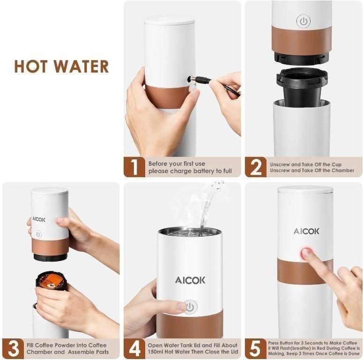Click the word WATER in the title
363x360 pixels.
click(x=80, y=67)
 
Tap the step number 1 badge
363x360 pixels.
click(x=134, y=167)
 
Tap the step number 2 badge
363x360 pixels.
click(x=256, y=167)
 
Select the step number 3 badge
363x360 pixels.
click(x=13, y=348)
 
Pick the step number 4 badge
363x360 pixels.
click(x=134, y=348)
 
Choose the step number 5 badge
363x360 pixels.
click(x=256, y=348)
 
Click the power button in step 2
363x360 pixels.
click(x=304, y=21)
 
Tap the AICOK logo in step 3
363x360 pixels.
click(x=39, y=219)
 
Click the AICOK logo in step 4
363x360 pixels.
click(x=190, y=280)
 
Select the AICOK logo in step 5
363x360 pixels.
click(x=306, y=231)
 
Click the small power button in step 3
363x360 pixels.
click(x=38, y=234)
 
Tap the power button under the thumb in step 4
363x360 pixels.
click(x=190, y=307)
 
